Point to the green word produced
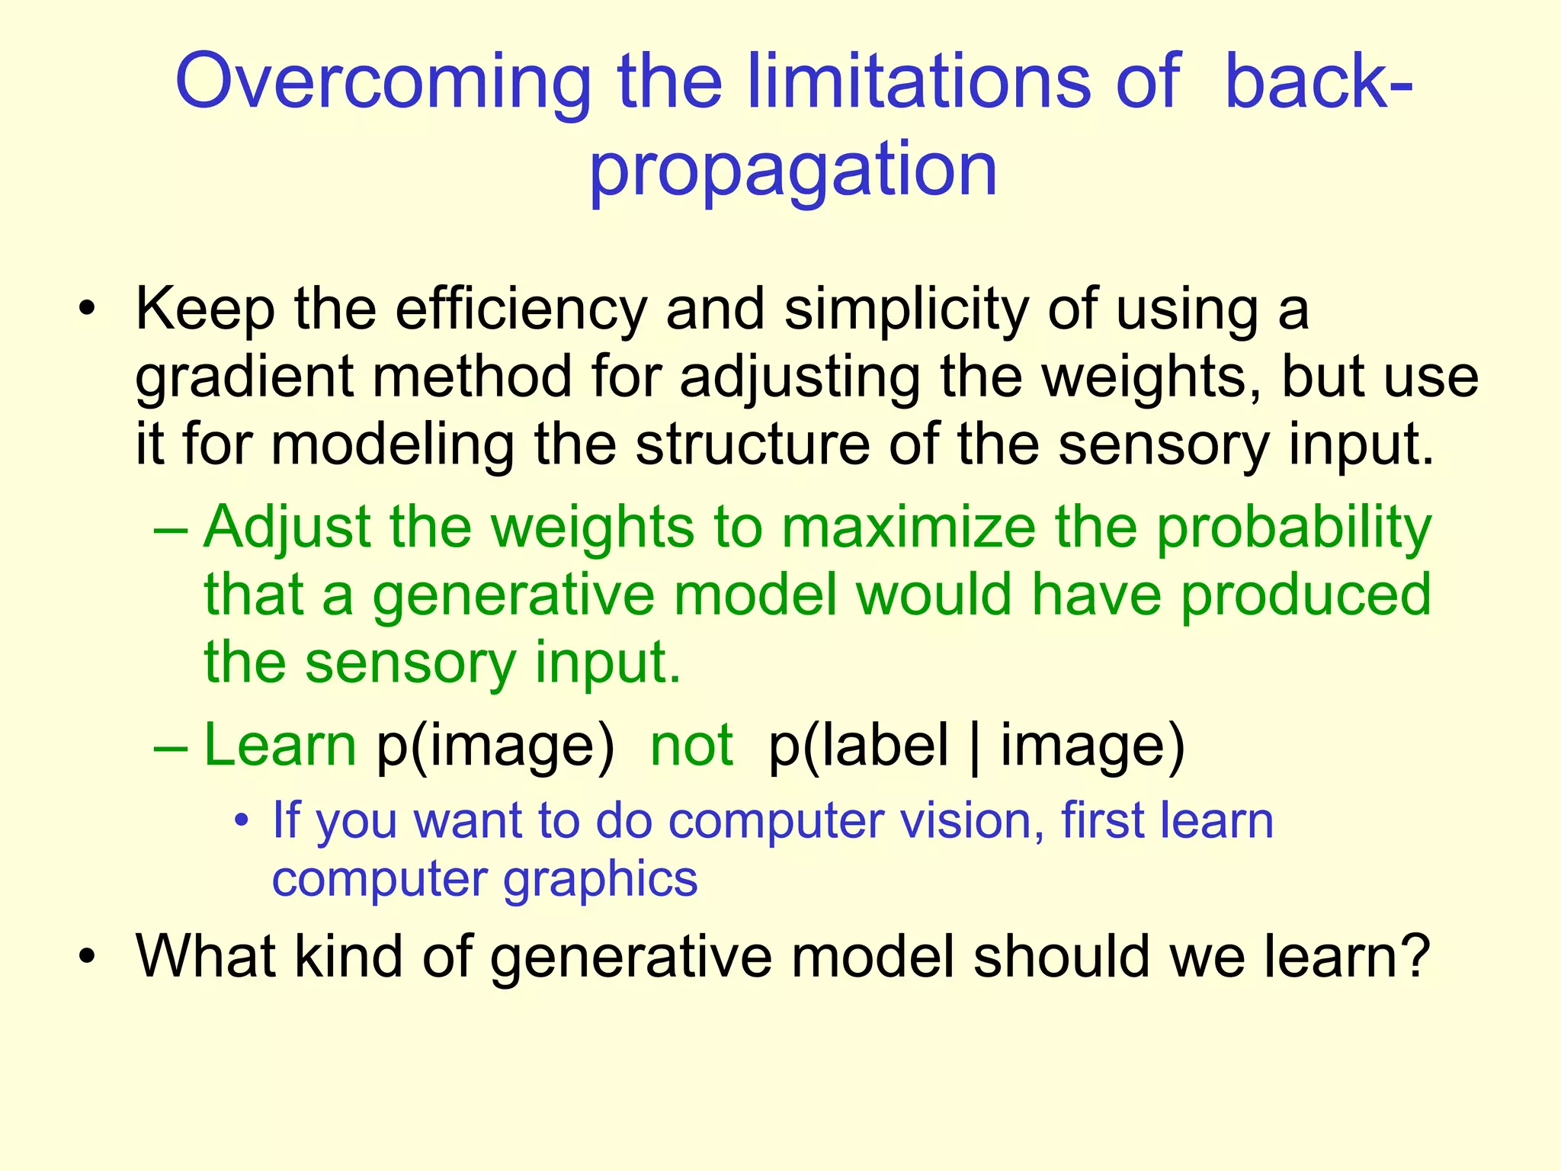click(x=1306, y=596)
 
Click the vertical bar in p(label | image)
click(x=975, y=747)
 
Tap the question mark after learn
click(x=1415, y=956)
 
